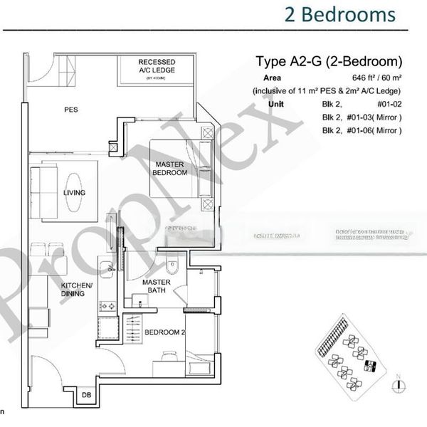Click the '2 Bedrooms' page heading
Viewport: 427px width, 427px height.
[x=339, y=14]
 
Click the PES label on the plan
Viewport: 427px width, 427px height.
[x=70, y=110]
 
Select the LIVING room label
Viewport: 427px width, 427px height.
[x=74, y=193]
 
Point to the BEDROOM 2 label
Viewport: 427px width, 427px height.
[x=164, y=332]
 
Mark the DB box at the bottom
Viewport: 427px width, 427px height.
[x=86, y=395]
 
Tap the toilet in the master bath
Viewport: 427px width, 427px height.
[x=172, y=268]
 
